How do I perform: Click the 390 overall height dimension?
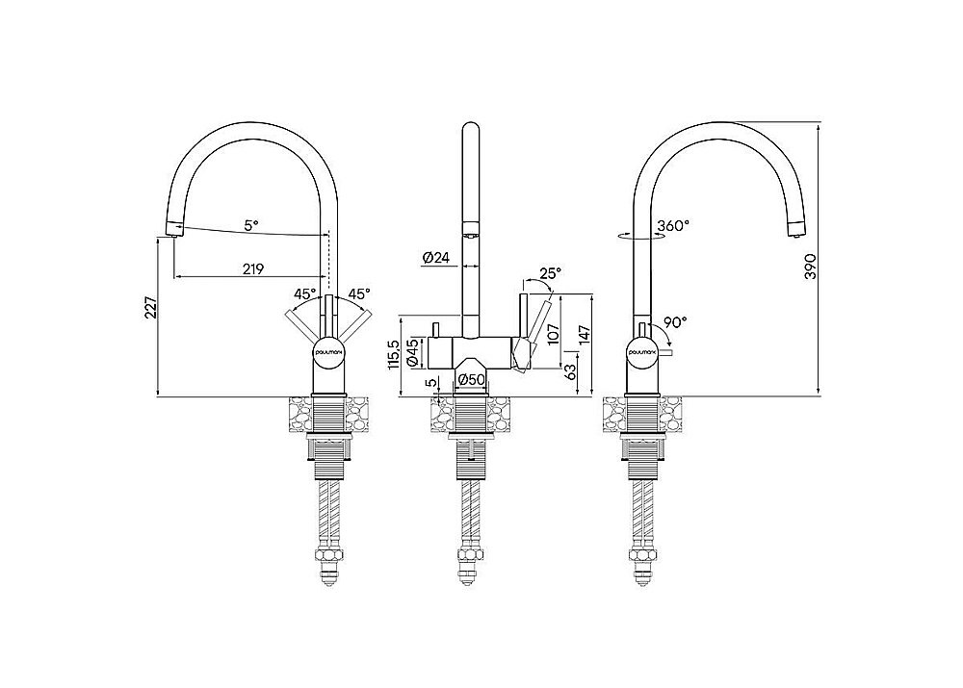[x=811, y=266]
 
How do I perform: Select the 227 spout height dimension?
[x=151, y=308]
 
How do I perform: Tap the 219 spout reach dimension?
[x=253, y=268]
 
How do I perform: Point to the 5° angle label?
[x=251, y=225]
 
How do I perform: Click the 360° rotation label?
[x=673, y=225]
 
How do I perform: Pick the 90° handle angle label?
[x=675, y=322]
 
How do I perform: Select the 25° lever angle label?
[x=550, y=272]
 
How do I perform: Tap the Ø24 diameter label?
[x=436, y=258]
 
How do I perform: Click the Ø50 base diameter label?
[x=472, y=380]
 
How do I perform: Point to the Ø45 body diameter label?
[x=413, y=352]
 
